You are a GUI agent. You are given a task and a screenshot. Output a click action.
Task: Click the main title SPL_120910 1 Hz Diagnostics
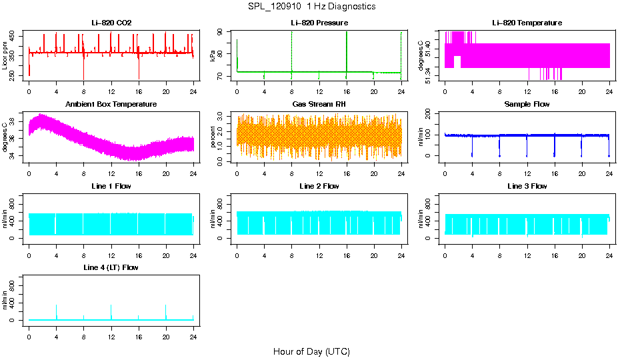click(x=312, y=7)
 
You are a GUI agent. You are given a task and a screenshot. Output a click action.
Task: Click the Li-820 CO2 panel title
click(x=111, y=23)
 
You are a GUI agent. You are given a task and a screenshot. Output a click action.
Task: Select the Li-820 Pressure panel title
click(x=319, y=23)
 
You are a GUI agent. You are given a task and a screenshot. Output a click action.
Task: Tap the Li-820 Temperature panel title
click(x=527, y=23)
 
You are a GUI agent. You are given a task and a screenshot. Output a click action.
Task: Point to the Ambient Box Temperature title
click(x=111, y=105)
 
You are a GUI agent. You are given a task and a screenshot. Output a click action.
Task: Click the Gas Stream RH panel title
click(x=319, y=105)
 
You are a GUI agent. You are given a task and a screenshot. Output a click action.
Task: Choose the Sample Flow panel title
click(x=527, y=105)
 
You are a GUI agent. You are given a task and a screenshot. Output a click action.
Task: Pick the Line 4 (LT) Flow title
click(x=111, y=267)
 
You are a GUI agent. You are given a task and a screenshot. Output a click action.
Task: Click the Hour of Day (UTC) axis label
click(x=311, y=351)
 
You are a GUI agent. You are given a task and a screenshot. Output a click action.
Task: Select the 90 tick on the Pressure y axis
click(x=221, y=32)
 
